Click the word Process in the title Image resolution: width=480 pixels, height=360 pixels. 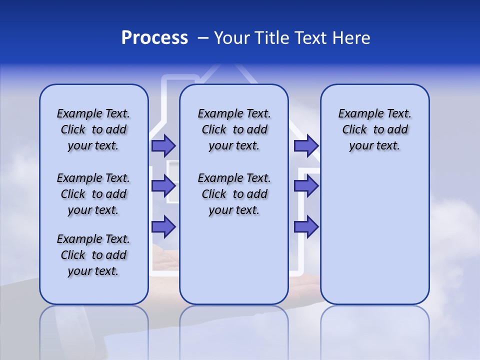tap(154, 38)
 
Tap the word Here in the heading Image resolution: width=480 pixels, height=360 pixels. tap(351, 38)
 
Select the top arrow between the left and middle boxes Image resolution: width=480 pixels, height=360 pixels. tap(163, 145)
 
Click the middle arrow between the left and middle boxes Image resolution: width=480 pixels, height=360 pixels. tap(163, 186)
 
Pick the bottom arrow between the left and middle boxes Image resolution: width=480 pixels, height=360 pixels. tap(163, 226)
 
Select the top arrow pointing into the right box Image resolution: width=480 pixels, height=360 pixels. tap(306, 145)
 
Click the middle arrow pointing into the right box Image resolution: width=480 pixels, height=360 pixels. tap(306, 186)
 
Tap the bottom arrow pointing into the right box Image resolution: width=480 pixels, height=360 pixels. tap(306, 226)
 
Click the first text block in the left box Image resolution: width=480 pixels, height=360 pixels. tap(93, 129)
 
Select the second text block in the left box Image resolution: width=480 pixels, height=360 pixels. tap(93, 194)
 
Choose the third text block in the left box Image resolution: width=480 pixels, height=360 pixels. tap(93, 255)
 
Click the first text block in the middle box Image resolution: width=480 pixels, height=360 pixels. tap(234, 129)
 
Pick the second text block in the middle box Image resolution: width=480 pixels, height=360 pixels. tap(234, 194)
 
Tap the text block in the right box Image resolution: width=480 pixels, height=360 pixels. tap(374, 129)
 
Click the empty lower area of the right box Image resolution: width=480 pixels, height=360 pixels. tap(374, 235)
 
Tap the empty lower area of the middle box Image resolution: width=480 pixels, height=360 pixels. tap(234, 260)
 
